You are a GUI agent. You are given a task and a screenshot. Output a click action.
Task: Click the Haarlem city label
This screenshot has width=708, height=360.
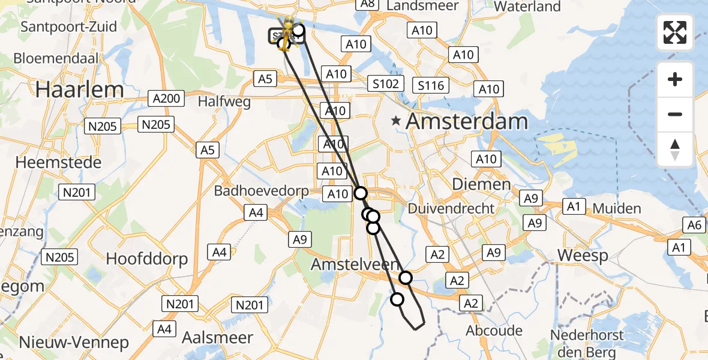(x=79, y=90)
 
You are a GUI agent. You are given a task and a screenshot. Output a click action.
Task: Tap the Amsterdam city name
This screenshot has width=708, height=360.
(x=467, y=122)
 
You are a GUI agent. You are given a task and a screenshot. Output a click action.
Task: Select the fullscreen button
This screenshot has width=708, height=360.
(x=675, y=32)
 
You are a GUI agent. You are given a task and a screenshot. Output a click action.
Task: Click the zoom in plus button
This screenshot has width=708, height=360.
(x=675, y=79)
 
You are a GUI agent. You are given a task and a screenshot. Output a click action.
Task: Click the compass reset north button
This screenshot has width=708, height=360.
(x=675, y=149)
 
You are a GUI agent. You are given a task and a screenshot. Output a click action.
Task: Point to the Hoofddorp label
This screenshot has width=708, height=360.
(x=147, y=259)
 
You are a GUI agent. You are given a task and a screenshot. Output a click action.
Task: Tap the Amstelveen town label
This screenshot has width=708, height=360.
(x=354, y=264)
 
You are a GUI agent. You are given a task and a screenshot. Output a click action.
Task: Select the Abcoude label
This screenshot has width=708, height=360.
(x=494, y=331)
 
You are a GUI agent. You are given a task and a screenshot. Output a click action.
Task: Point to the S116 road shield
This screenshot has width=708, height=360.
(x=431, y=85)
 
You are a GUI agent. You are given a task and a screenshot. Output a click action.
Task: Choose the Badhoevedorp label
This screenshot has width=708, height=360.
(x=262, y=191)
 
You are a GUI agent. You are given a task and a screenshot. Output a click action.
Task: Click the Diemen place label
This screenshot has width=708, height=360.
(x=489, y=184)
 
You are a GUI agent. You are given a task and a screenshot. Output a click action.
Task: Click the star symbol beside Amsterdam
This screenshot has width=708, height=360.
(x=395, y=121)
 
